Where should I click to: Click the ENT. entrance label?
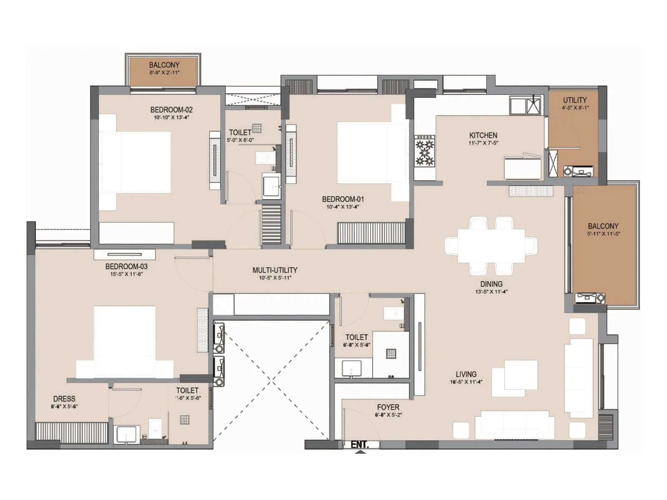click(x=359, y=445)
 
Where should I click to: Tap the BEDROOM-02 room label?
click(x=171, y=110)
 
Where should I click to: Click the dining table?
click(x=491, y=246)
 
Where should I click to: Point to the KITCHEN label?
click(x=483, y=135)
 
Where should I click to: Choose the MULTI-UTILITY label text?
click(x=275, y=270)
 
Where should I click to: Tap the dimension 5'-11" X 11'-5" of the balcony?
click(x=603, y=234)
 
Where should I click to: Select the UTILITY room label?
click(x=575, y=100)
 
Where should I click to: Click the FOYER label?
click(x=388, y=407)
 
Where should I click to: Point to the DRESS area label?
click(x=64, y=399)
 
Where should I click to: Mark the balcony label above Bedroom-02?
click(x=164, y=65)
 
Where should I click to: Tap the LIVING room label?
click(x=466, y=374)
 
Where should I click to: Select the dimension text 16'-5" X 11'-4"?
click(x=466, y=382)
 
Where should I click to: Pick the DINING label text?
click(x=491, y=284)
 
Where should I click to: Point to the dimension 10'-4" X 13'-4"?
click(x=342, y=207)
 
